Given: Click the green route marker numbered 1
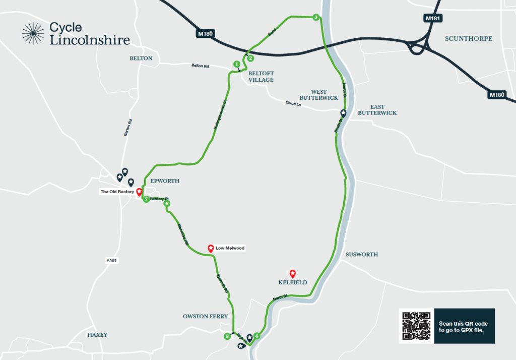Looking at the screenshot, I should (x=236, y=64).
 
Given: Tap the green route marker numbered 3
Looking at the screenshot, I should (x=315, y=18).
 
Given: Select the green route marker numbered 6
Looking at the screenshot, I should (x=167, y=204).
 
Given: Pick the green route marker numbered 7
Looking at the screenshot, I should (x=146, y=200).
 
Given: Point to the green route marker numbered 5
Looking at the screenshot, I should (x=227, y=336).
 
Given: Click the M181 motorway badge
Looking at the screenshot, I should (x=432, y=19).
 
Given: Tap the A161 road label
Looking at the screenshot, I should (x=111, y=260).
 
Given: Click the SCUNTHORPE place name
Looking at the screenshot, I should (x=469, y=39).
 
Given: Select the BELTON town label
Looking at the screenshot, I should (x=141, y=58).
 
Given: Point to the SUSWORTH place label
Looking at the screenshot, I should (x=362, y=255).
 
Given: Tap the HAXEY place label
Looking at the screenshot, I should (x=97, y=335).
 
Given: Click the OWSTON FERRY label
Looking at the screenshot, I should (x=205, y=317).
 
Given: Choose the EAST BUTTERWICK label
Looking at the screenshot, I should (x=377, y=110).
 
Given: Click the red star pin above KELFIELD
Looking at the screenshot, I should (x=292, y=272).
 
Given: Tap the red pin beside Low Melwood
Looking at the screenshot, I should (x=211, y=248).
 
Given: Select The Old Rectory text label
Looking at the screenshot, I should (x=117, y=192).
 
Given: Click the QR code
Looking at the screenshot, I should (x=416, y=326).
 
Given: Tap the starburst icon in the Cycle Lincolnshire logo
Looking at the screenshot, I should (x=33, y=34).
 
